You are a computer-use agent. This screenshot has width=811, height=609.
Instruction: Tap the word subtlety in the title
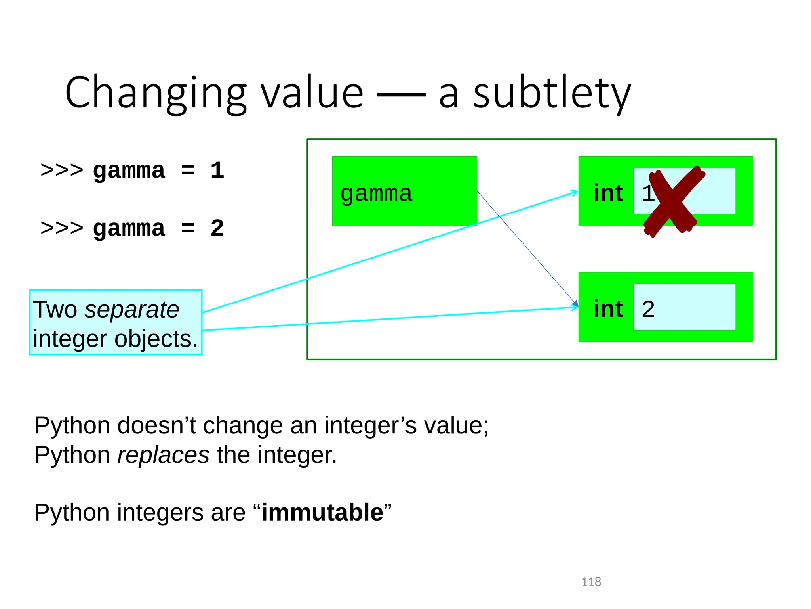click(x=552, y=93)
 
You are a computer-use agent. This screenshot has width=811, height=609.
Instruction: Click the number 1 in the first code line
click(x=217, y=170)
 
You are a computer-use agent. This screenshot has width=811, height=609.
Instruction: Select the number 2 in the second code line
click(x=217, y=228)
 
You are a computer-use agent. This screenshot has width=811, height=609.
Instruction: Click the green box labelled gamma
click(x=404, y=191)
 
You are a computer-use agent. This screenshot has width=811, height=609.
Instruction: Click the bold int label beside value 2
click(x=608, y=309)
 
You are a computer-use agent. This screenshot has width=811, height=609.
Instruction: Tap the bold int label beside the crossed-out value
click(x=608, y=193)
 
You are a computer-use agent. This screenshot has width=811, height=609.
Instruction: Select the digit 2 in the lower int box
click(x=648, y=309)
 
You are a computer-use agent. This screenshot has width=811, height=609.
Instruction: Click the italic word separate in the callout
click(x=132, y=309)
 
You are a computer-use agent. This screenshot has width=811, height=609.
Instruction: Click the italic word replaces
click(x=164, y=454)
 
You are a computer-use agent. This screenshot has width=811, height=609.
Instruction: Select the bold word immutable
click(x=322, y=512)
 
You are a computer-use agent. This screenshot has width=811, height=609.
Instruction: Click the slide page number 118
click(x=591, y=582)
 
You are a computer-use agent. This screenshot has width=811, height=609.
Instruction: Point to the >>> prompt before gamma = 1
click(x=62, y=170)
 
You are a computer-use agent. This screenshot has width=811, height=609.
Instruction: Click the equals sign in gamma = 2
click(x=188, y=228)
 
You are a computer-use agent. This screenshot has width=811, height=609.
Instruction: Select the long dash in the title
click(x=401, y=95)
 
